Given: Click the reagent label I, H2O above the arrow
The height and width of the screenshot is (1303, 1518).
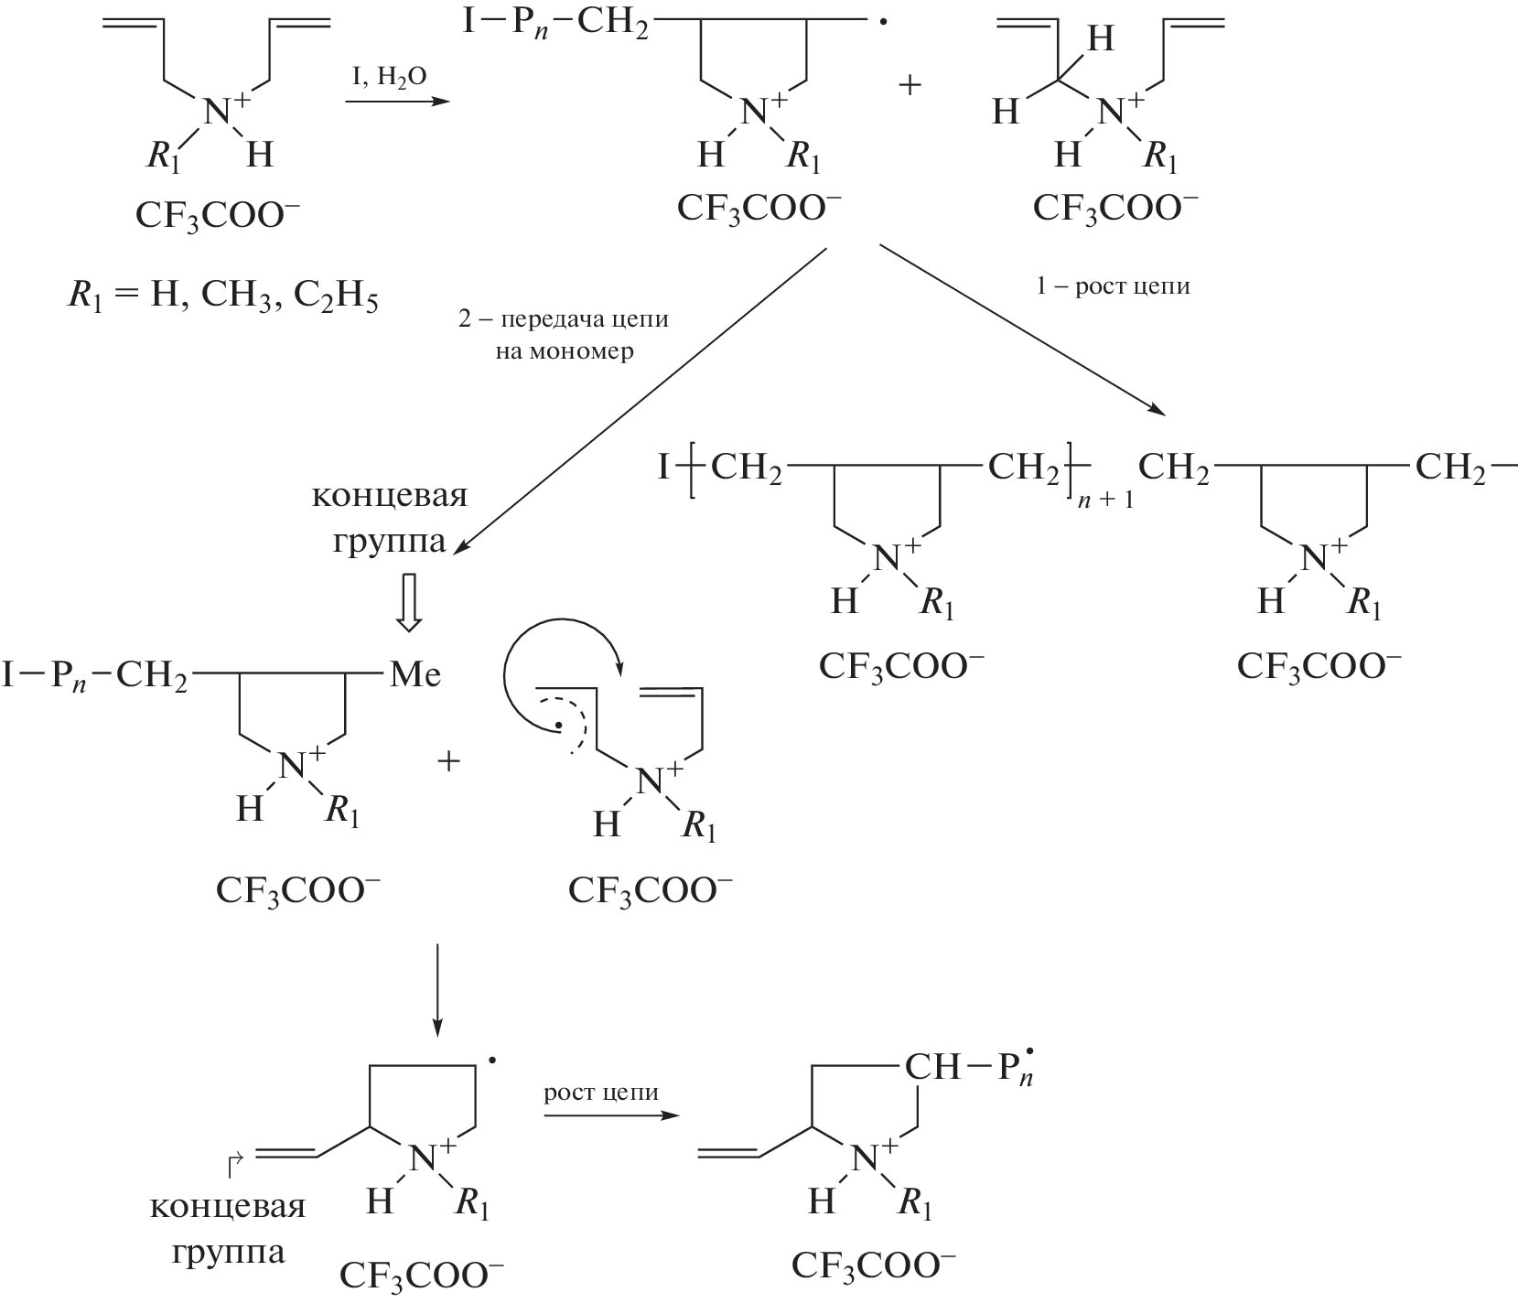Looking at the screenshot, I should [390, 79].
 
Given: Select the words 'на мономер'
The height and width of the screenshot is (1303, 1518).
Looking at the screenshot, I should [565, 351].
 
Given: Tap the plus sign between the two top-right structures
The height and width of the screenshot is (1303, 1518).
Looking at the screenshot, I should [910, 86].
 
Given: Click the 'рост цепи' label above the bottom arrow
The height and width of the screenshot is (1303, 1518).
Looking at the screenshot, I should [601, 1093].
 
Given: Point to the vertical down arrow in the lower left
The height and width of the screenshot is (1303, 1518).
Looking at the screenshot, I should [437, 988].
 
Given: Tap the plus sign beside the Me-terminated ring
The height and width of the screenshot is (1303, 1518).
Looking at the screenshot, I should [448, 761].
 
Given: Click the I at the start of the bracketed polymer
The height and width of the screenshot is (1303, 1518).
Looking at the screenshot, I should [664, 469].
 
